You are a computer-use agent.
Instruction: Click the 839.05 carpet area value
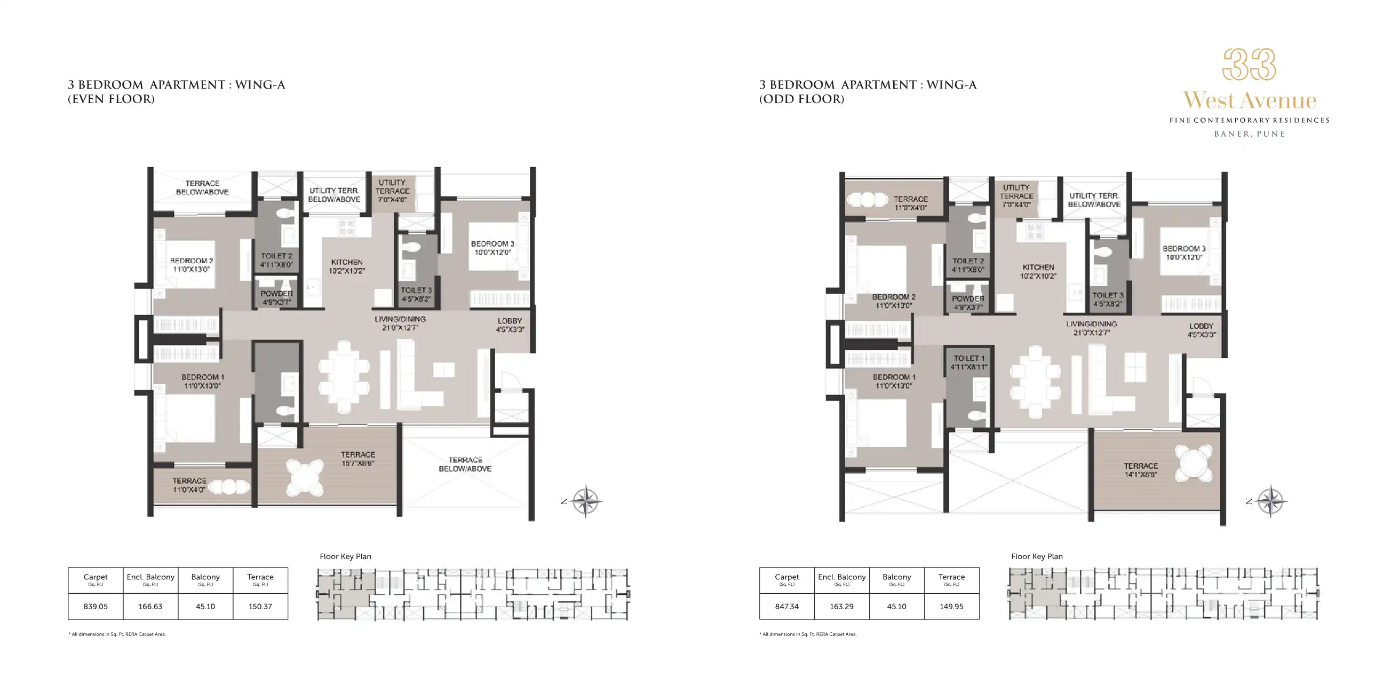96,606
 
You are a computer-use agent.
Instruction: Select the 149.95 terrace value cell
951,606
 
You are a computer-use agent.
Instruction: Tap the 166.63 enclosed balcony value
150,606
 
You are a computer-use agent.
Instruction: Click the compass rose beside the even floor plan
586,501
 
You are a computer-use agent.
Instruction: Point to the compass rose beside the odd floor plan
1271,501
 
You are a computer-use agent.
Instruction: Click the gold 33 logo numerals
1249,65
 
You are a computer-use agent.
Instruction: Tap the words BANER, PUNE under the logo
1249,134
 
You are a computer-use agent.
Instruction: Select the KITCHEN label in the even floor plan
347,266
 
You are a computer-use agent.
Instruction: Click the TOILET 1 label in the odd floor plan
969,362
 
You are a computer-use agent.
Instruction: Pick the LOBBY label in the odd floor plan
1201,330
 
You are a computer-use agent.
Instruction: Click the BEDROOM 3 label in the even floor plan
492,248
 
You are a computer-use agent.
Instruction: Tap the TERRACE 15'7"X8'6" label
358,458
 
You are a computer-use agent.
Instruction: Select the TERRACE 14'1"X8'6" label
1141,469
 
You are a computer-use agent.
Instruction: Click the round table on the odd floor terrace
1193,462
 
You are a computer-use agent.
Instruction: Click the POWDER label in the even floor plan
276,297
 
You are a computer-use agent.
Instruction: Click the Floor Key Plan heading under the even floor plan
345,556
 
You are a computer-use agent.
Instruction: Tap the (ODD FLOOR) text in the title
801,99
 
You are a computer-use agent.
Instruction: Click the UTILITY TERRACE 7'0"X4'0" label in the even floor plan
392,191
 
